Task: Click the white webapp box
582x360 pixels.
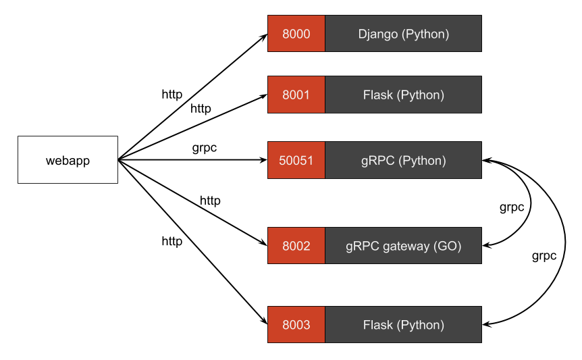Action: (x=68, y=160)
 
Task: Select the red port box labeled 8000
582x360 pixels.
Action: (x=296, y=34)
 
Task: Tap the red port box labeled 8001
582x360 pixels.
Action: (x=296, y=95)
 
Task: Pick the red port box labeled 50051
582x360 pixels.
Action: (x=296, y=160)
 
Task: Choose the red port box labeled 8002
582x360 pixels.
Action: (x=296, y=246)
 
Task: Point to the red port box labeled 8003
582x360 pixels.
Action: (x=296, y=325)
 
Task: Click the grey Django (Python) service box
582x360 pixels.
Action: (x=403, y=34)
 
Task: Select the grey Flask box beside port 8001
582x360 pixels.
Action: (x=403, y=95)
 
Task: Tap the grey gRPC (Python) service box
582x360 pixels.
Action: (x=403, y=160)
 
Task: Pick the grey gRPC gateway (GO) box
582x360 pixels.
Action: (x=403, y=246)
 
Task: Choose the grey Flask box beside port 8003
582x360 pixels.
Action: (x=403, y=325)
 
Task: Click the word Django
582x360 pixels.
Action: (x=378, y=34)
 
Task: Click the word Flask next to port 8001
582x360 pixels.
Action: (x=377, y=95)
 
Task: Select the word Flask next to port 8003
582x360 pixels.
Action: (x=377, y=325)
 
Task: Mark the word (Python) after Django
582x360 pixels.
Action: (x=425, y=34)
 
